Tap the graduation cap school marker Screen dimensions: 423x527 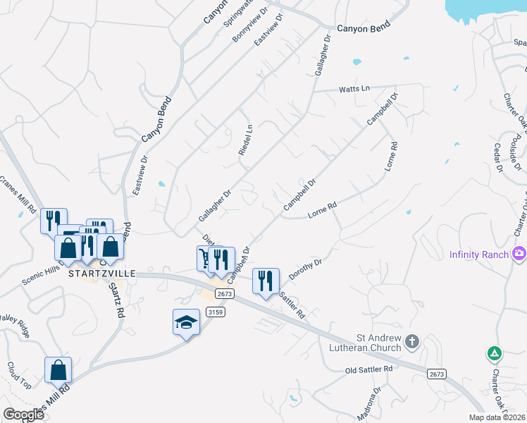click(186, 322)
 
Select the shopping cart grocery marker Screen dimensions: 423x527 click(208, 259)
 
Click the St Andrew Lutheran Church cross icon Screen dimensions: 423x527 click(412, 343)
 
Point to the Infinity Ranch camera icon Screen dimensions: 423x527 click(520, 252)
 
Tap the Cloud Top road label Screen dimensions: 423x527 click(20, 376)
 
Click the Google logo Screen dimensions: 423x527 click(23, 415)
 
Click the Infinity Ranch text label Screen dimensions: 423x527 click(479, 254)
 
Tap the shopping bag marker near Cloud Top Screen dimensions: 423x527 click(58, 370)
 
